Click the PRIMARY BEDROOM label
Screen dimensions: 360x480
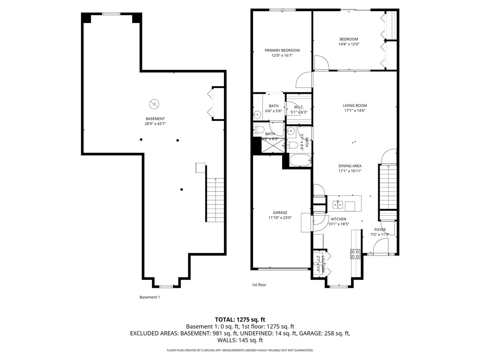[282, 50]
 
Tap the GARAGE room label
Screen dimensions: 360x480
[280, 212]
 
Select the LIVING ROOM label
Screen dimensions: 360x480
[354, 105]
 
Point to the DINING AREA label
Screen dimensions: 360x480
[350, 166]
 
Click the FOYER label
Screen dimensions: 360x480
[380, 230]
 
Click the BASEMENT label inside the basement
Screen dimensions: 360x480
[155, 119]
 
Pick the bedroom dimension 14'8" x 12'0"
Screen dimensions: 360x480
[348, 45]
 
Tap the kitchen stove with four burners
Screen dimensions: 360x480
[355, 254]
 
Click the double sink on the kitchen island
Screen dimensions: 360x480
[338, 204]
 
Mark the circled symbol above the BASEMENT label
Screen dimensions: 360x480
[154, 103]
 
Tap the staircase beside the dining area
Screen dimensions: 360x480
[388, 187]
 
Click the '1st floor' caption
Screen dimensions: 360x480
[259, 285]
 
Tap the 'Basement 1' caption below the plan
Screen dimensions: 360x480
[150, 297]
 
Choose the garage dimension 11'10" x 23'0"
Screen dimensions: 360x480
[280, 217]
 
